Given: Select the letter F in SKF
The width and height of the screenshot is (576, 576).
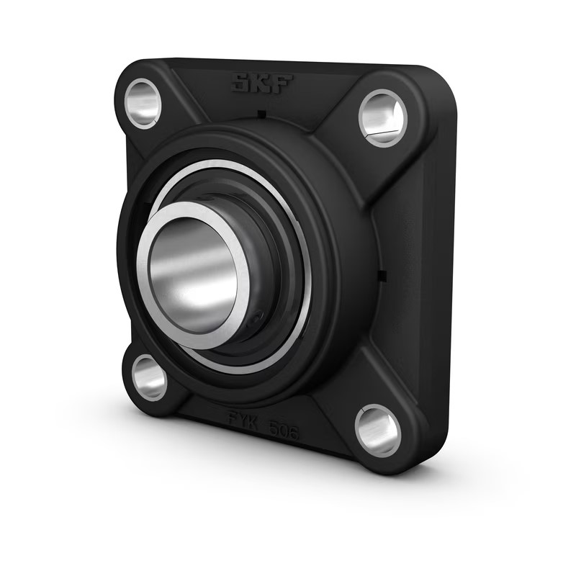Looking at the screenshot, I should pyautogui.click(x=282, y=86).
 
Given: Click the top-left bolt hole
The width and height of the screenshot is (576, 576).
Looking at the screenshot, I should pyautogui.click(x=143, y=103).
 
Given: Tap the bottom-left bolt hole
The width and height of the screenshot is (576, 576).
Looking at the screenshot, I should pyautogui.click(x=149, y=377).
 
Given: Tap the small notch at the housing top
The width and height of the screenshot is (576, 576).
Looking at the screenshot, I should pyautogui.click(x=261, y=114).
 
